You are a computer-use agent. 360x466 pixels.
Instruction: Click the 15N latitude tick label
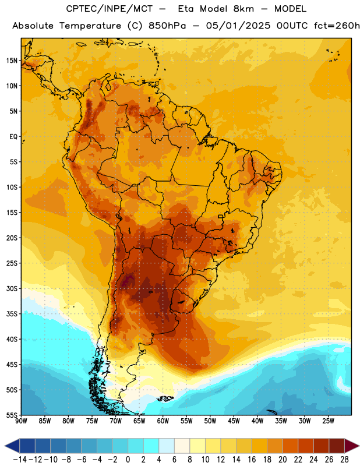click(x=12, y=61)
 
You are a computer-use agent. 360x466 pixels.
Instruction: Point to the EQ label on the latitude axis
click(x=13, y=137)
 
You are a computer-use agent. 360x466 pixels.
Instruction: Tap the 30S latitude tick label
click(x=12, y=288)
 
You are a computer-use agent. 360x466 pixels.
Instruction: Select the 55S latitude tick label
click(x=12, y=415)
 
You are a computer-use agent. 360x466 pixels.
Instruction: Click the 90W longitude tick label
click(x=21, y=421)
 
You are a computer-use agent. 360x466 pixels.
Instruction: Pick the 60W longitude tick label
click(x=163, y=421)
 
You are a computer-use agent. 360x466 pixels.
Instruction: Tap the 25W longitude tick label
click(x=328, y=421)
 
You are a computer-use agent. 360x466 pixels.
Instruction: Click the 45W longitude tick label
click(x=234, y=421)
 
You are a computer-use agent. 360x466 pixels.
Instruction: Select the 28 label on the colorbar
click(x=345, y=460)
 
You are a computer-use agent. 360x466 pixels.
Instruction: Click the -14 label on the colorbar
click(x=20, y=460)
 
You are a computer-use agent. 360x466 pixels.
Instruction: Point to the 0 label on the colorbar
click(x=128, y=460)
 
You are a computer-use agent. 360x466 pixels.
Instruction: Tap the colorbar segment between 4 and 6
click(x=167, y=446)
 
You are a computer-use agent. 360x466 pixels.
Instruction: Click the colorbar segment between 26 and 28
click(x=337, y=446)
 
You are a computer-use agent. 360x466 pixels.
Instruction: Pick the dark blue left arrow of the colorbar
click(x=12, y=446)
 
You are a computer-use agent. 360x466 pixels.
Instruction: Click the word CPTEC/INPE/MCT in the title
click(x=109, y=9)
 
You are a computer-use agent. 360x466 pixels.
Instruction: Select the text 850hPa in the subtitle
click(x=167, y=26)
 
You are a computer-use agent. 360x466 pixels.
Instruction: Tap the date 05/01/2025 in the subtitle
click(x=238, y=26)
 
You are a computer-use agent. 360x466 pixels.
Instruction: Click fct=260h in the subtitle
click(x=337, y=26)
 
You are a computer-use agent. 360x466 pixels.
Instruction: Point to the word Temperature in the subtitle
click(x=90, y=26)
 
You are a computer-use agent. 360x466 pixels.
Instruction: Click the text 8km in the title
click(x=243, y=9)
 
